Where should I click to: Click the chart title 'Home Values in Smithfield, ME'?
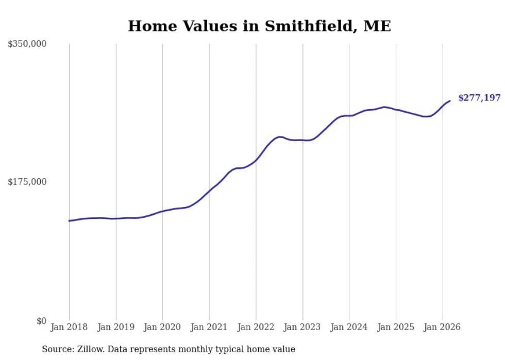(x=259, y=26)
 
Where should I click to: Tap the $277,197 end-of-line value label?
(x=479, y=98)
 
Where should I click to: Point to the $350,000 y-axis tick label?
(x=27, y=44)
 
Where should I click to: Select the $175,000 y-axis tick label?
(x=27, y=182)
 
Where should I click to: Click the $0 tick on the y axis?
(x=41, y=321)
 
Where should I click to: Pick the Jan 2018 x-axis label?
(x=69, y=327)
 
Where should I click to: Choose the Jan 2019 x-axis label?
(x=115, y=327)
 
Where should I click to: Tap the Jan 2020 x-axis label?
(x=162, y=327)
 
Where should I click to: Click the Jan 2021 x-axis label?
(x=209, y=327)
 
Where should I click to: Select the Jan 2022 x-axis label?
(x=256, y=327)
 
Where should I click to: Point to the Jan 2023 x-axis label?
(x=302, y=327)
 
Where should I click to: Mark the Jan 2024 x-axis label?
(x=349, y=327)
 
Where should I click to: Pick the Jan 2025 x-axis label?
(x=396, y=327)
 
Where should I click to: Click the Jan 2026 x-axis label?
(x=442, y=327)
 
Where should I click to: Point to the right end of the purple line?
(x=450, y=101)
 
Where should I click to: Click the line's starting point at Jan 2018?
(x=69, y=221)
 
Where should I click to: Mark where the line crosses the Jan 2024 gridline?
(x=349, y=116)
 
